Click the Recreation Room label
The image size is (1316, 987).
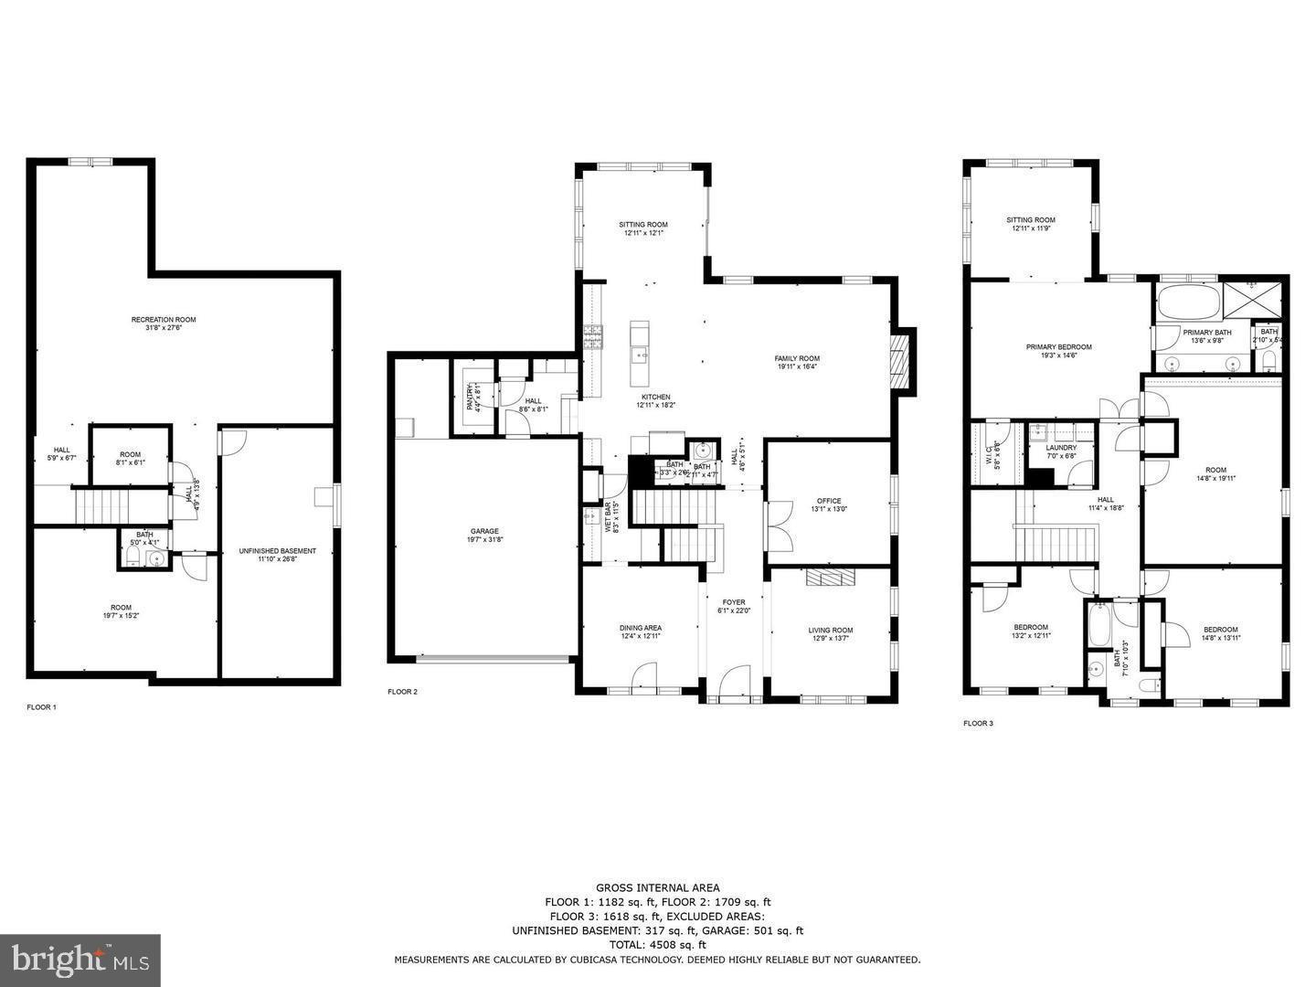[x=164, y=320]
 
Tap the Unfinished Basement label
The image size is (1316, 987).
[x=277, y=551]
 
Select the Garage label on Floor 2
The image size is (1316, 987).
[x=484, y=531]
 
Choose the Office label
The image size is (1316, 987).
[x=829, y=501]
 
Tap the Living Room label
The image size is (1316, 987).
[x=830, y=630]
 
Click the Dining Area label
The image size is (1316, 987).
[x=641, y=628]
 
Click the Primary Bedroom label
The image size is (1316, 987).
[x=1058, y=347]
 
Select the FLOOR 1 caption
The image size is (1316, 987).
[x=41, y=707]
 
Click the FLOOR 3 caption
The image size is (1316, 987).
[x=978, y=723]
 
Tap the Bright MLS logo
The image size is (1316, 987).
[x=80, y=960]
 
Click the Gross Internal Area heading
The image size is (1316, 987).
[x=657, y=887]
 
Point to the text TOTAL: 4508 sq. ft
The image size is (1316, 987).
[x=657, y=945]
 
